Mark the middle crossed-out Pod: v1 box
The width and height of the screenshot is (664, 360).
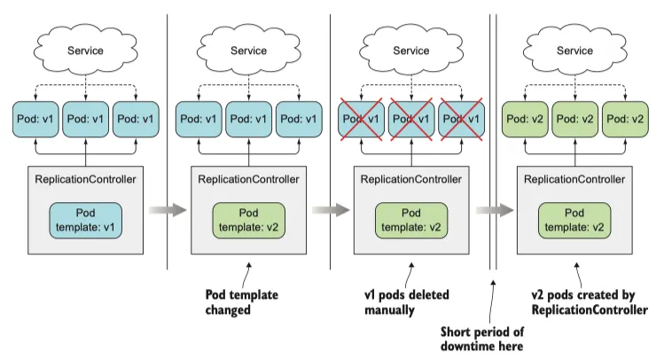[411, 119]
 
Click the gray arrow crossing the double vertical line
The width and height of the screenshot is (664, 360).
[494, 210]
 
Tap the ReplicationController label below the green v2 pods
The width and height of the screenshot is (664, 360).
[574, 179]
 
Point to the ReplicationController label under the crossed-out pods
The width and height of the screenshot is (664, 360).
[411, 179]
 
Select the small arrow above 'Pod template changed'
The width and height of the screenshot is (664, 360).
[248, 268]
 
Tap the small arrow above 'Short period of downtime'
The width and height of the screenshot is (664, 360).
[493, 283]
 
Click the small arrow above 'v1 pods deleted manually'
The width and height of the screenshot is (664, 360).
[411, 268]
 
